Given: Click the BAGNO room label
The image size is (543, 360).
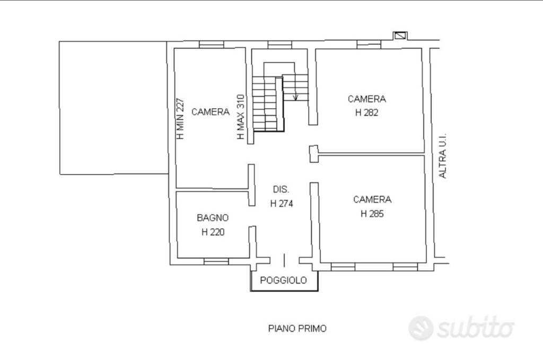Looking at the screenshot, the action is coord(213,218).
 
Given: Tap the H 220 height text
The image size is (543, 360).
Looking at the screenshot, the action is coord(213,232).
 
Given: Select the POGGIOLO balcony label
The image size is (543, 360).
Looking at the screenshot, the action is coord(283,280).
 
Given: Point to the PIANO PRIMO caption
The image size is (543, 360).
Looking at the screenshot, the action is coord(297,328).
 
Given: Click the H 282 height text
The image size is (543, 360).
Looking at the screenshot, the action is coord(367,112).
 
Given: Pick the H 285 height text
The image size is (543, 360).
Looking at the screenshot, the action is coord(372,214).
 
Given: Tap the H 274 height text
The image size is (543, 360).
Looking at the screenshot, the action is coord(282,204).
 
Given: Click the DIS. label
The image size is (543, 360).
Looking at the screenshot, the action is coord(281,189).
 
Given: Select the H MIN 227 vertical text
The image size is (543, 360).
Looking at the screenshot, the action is coord(180,119).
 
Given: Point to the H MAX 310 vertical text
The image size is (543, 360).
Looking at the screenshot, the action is coord(241,117).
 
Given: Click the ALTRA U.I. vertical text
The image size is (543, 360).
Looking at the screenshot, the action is coord(443,156).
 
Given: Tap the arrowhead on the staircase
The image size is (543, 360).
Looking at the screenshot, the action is coord(295,97).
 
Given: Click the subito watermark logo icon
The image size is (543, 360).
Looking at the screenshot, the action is coord(421,328).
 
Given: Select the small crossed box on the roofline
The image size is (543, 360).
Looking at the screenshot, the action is coord(400,36).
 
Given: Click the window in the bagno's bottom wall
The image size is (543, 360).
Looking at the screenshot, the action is coord(216,261).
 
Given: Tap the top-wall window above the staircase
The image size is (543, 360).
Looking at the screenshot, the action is coord(280,45).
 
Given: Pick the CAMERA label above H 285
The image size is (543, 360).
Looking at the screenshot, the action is coord(372,199).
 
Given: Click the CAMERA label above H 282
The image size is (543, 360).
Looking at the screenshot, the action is coord(367,99).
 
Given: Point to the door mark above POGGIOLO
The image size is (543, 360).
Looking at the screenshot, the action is coord(284,260).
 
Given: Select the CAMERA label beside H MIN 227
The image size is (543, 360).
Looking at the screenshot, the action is coord(211,112).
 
